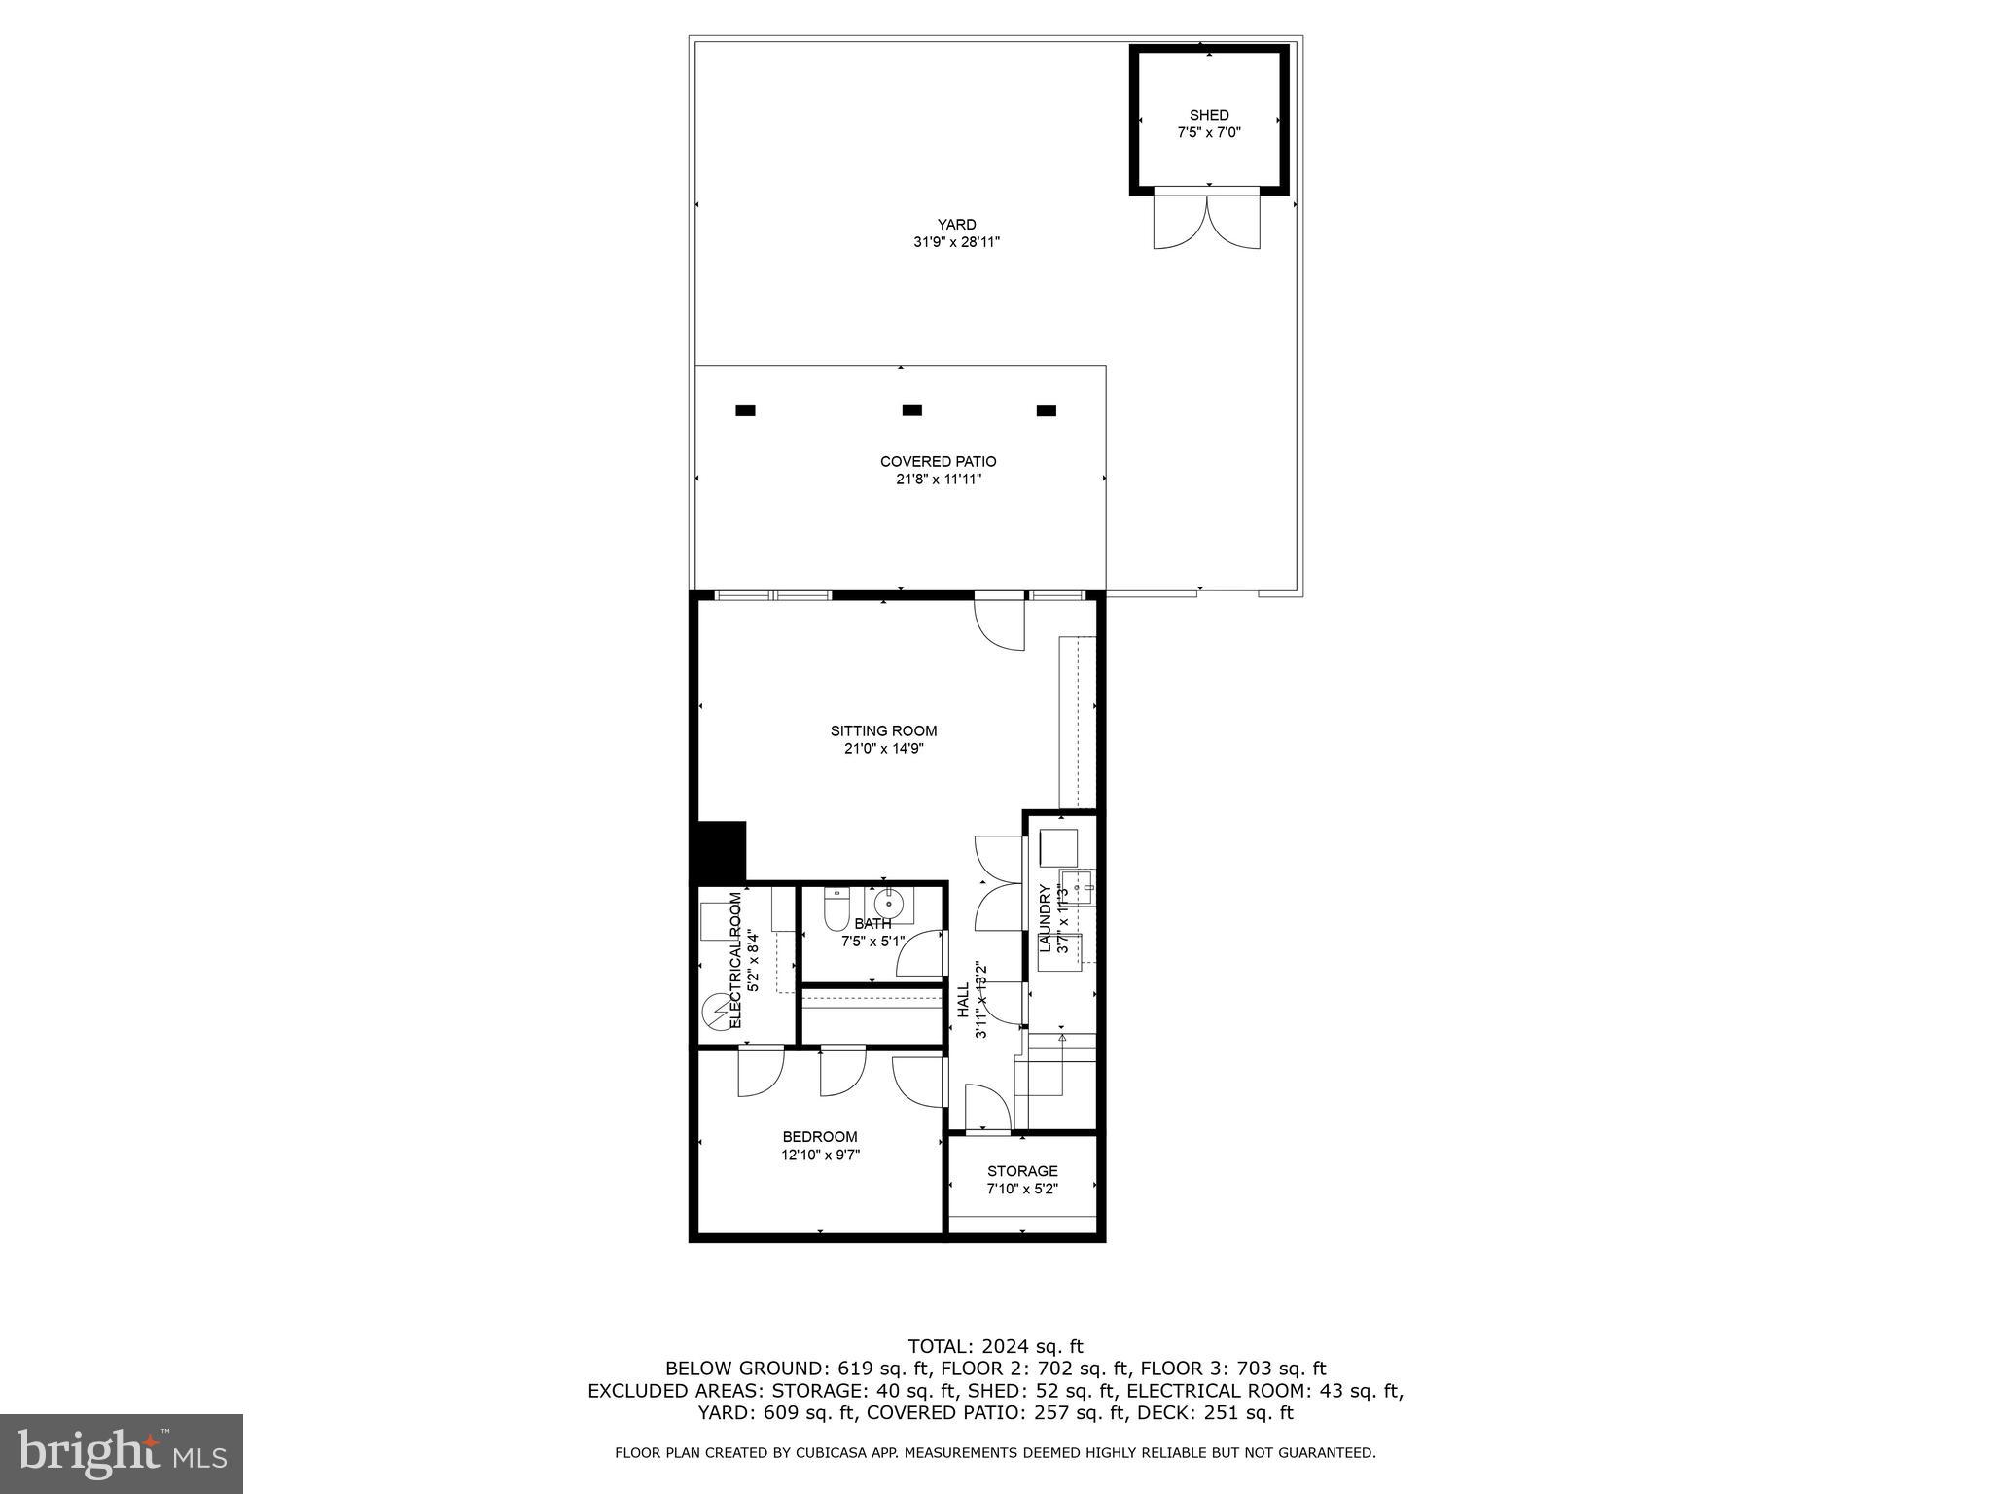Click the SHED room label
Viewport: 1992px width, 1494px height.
pyautogui.click(x=1208, y=115)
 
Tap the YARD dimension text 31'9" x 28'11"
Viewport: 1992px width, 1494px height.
pyautogui.click(x=956, y=242)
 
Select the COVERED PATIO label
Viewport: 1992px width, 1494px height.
pyautogui.click(x=938, y=462)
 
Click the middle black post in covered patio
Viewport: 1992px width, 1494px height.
pyautogui.click(x=911, y=410)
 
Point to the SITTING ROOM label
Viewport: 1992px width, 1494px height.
pyautogui.click(x=883, y=731)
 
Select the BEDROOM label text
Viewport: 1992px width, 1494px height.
pyautogui.click(x=820, y=1137)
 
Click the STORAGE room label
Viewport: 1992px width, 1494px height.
pyautogui.click(x=1022, y=1171)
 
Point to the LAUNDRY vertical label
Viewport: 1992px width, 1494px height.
pyautogui.click(x=1045, y=918)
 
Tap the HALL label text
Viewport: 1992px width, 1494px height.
pyautogui.click(x=963, y=1000)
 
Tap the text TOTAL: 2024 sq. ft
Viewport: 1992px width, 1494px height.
pyautogui.click(x=995, y=1347)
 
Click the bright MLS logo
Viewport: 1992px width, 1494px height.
pyautogui.click(x=122, y=1454)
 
